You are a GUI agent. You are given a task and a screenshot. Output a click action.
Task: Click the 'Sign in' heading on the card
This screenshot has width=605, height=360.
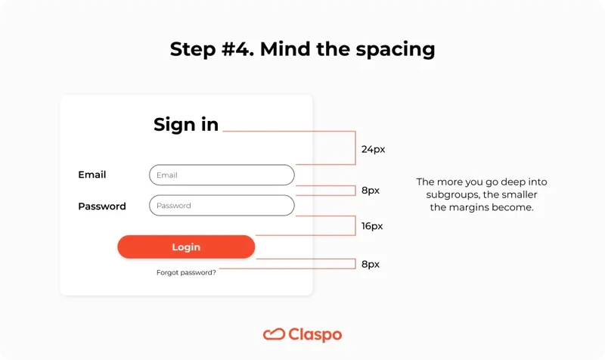pyautogui.click(x=186, y=125)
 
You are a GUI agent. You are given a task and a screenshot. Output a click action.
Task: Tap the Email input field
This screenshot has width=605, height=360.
pyautogui.click(x=222, y=175)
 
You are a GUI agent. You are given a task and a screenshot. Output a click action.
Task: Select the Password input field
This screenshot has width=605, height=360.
pyautogui.click(x=222, y=206)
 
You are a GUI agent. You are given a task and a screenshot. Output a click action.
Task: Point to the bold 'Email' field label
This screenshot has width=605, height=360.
pyautogui.click(x=92, y=175)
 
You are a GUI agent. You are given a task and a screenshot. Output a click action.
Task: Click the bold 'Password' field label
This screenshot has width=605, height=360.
pyautogui.click(x=102, y=206)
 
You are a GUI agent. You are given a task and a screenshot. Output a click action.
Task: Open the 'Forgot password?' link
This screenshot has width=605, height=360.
pyautogui.click(x=186, y=272)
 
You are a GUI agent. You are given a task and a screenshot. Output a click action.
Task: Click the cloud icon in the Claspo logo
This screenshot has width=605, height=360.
pyautogui.click(x=274, y=334)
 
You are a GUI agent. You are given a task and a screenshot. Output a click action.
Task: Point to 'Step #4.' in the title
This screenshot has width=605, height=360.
pyautogui.click(x=211, y=50)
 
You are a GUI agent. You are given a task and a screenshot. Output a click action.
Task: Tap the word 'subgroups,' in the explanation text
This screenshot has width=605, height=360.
pyautogui.click(x=452, y=194)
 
